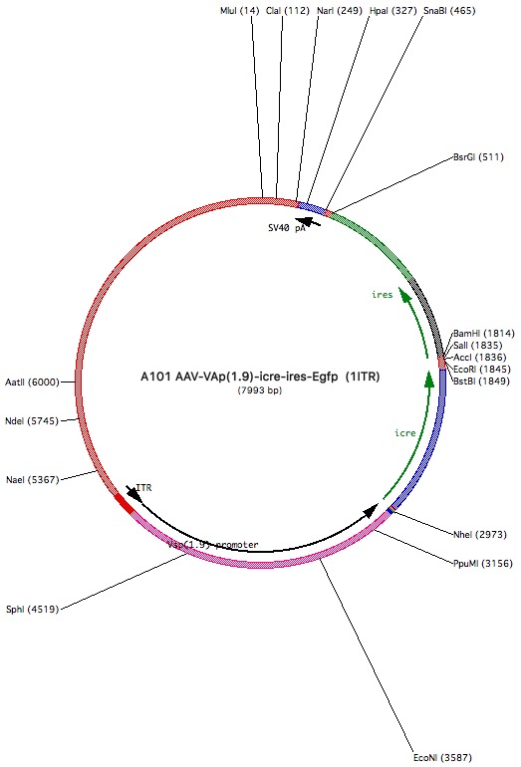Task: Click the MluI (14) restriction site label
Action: (240, 10)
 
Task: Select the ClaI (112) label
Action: (288, 10)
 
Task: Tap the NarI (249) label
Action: (340, 10)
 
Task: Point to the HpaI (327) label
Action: (393, 10)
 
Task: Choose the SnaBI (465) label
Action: (449, 10)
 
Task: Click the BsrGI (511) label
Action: (478, 157)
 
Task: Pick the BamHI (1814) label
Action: (484, 334)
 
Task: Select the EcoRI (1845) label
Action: (482, 370)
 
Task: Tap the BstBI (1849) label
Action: (481, 382)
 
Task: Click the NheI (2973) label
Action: (480, 535)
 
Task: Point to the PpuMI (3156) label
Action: (483, 564)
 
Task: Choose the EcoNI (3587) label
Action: (442, 758)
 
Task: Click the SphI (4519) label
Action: (32, 610)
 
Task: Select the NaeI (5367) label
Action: (32, 480)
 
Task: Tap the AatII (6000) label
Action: (32, 383)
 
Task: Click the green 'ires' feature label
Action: (383, 295)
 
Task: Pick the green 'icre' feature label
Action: (405, 433)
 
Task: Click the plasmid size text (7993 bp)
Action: (260, 390)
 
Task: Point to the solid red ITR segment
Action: (125, 504)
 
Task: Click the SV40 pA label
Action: (287, 228)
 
